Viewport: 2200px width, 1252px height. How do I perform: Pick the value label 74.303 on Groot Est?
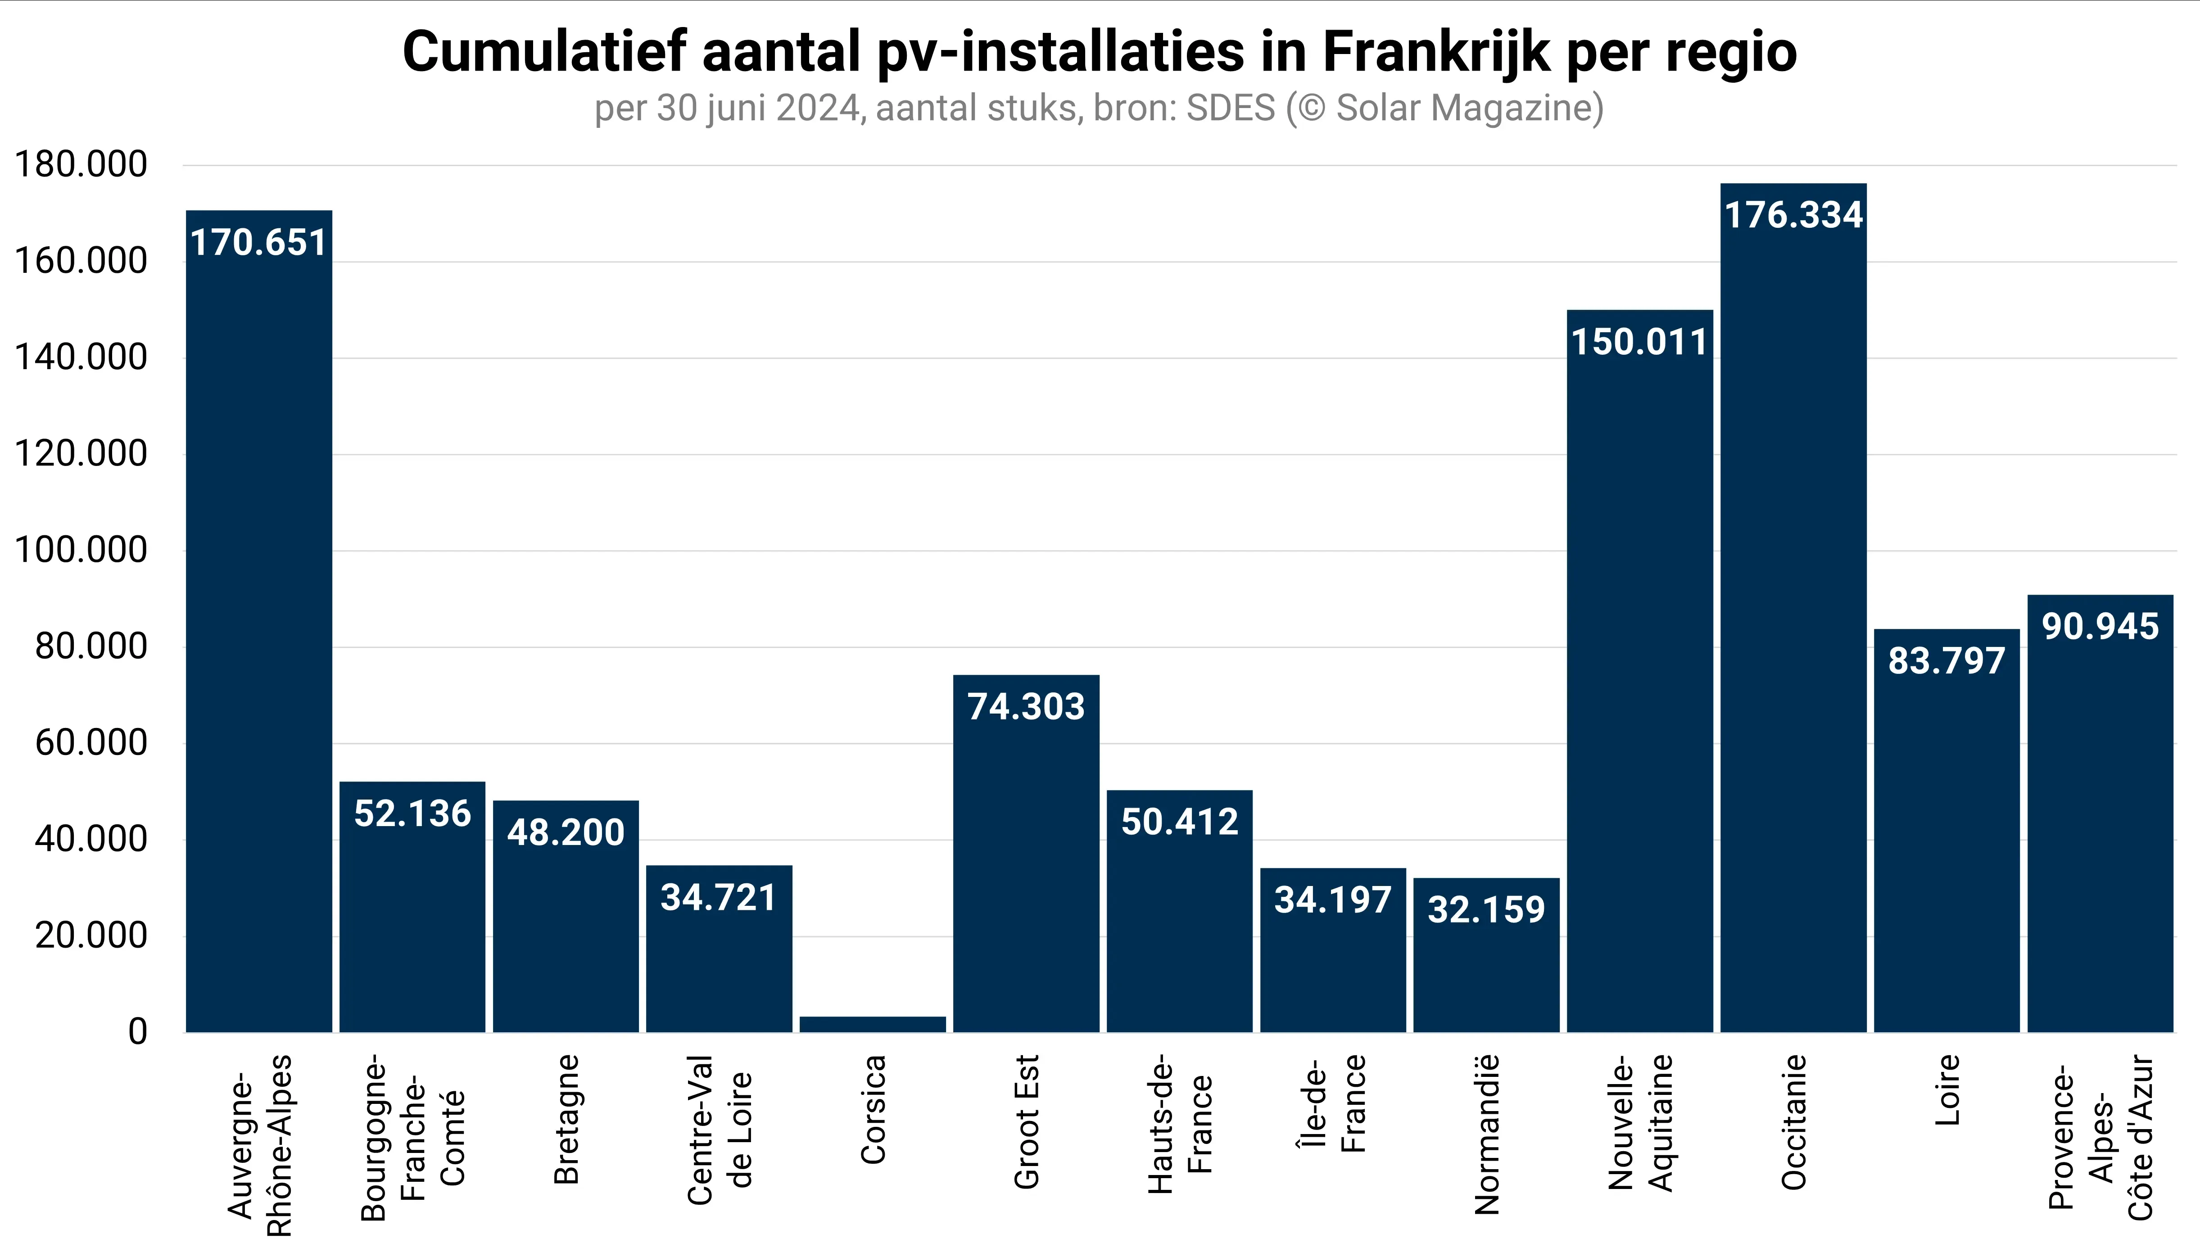(x=1026, y=707)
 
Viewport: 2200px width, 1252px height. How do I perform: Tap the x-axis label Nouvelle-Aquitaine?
(x=1641, y=1122)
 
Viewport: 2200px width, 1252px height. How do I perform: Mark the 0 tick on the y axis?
(x=138, y=1032)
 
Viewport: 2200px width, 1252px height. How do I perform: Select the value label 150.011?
(x=1639, y=342)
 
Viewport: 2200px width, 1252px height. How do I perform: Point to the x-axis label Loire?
(x=1947, y=1090)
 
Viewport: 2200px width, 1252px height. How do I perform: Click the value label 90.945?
(x=2100, y=627)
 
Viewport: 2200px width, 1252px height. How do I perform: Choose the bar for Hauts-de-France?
(x=1179, y=929)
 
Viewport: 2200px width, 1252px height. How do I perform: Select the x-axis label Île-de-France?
(x=1331, y=1105)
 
